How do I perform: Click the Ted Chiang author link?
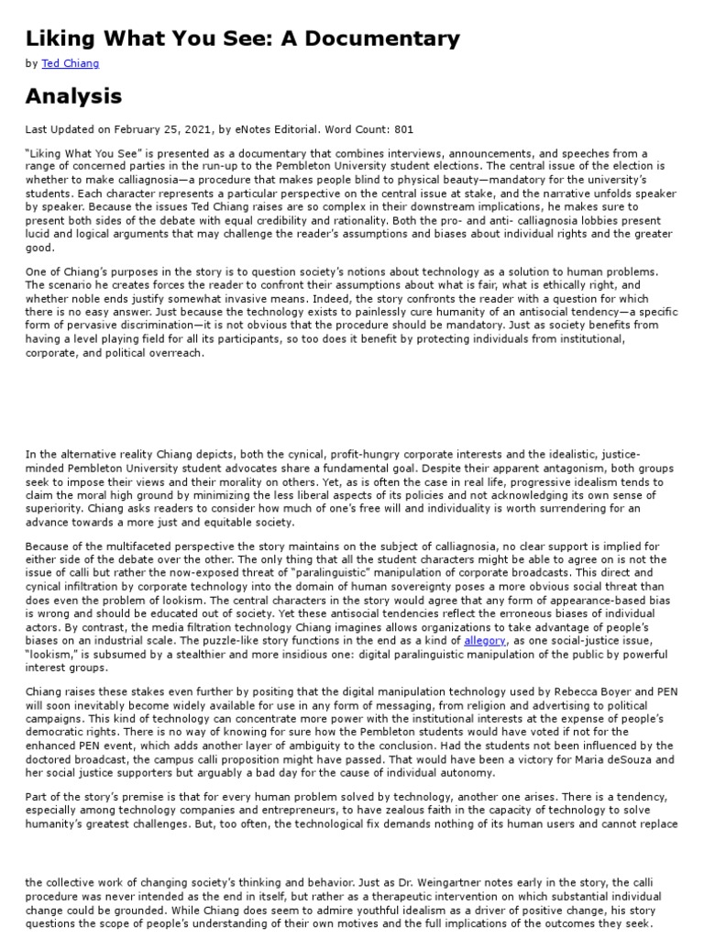pos(71,64)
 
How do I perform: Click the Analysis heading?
pos(73,95)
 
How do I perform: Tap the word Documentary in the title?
pos(386,39)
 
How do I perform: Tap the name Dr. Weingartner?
pos(382,882)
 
